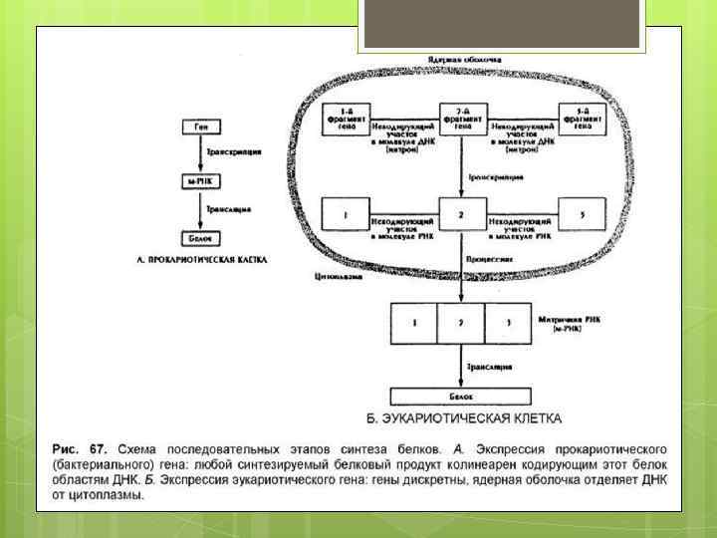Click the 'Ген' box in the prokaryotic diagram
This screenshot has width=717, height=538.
201,127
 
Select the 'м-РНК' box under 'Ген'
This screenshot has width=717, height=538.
201,183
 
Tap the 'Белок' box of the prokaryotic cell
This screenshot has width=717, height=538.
201,238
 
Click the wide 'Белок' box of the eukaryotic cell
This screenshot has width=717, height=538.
460,396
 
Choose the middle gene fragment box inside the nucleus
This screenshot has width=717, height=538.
460,121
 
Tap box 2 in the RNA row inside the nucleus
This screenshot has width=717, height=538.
460,214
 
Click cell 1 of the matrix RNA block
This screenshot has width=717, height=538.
415,322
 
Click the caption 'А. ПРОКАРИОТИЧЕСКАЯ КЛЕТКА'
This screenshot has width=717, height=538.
201,258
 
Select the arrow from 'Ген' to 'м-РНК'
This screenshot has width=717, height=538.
201,154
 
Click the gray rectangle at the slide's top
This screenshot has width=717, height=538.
502,24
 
